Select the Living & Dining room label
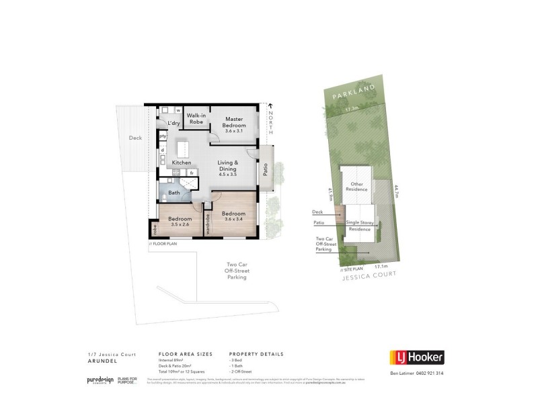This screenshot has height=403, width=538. pyautogui.click(x=233, y=168)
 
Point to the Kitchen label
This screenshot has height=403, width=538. pyautogui.click(x=182, y=163)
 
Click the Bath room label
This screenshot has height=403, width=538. pyautogui.click(x=174, y=193)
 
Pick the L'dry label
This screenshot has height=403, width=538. pyautogui.click(x=174, y=123)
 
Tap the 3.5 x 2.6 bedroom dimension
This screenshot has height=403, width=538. pyautogui.click(x=180, y=225)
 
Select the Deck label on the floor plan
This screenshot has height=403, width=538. pyautogui.click(x=135, y=138)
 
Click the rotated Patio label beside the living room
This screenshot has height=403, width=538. pyautogui.click(x=266, y=171)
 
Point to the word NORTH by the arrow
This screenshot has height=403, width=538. pyautogui.click(x=271, y=122)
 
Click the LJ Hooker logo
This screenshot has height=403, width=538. pyautogui.click(x=417, y=357)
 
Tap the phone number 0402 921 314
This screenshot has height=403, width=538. pyautogui.click(x=428, y=373)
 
